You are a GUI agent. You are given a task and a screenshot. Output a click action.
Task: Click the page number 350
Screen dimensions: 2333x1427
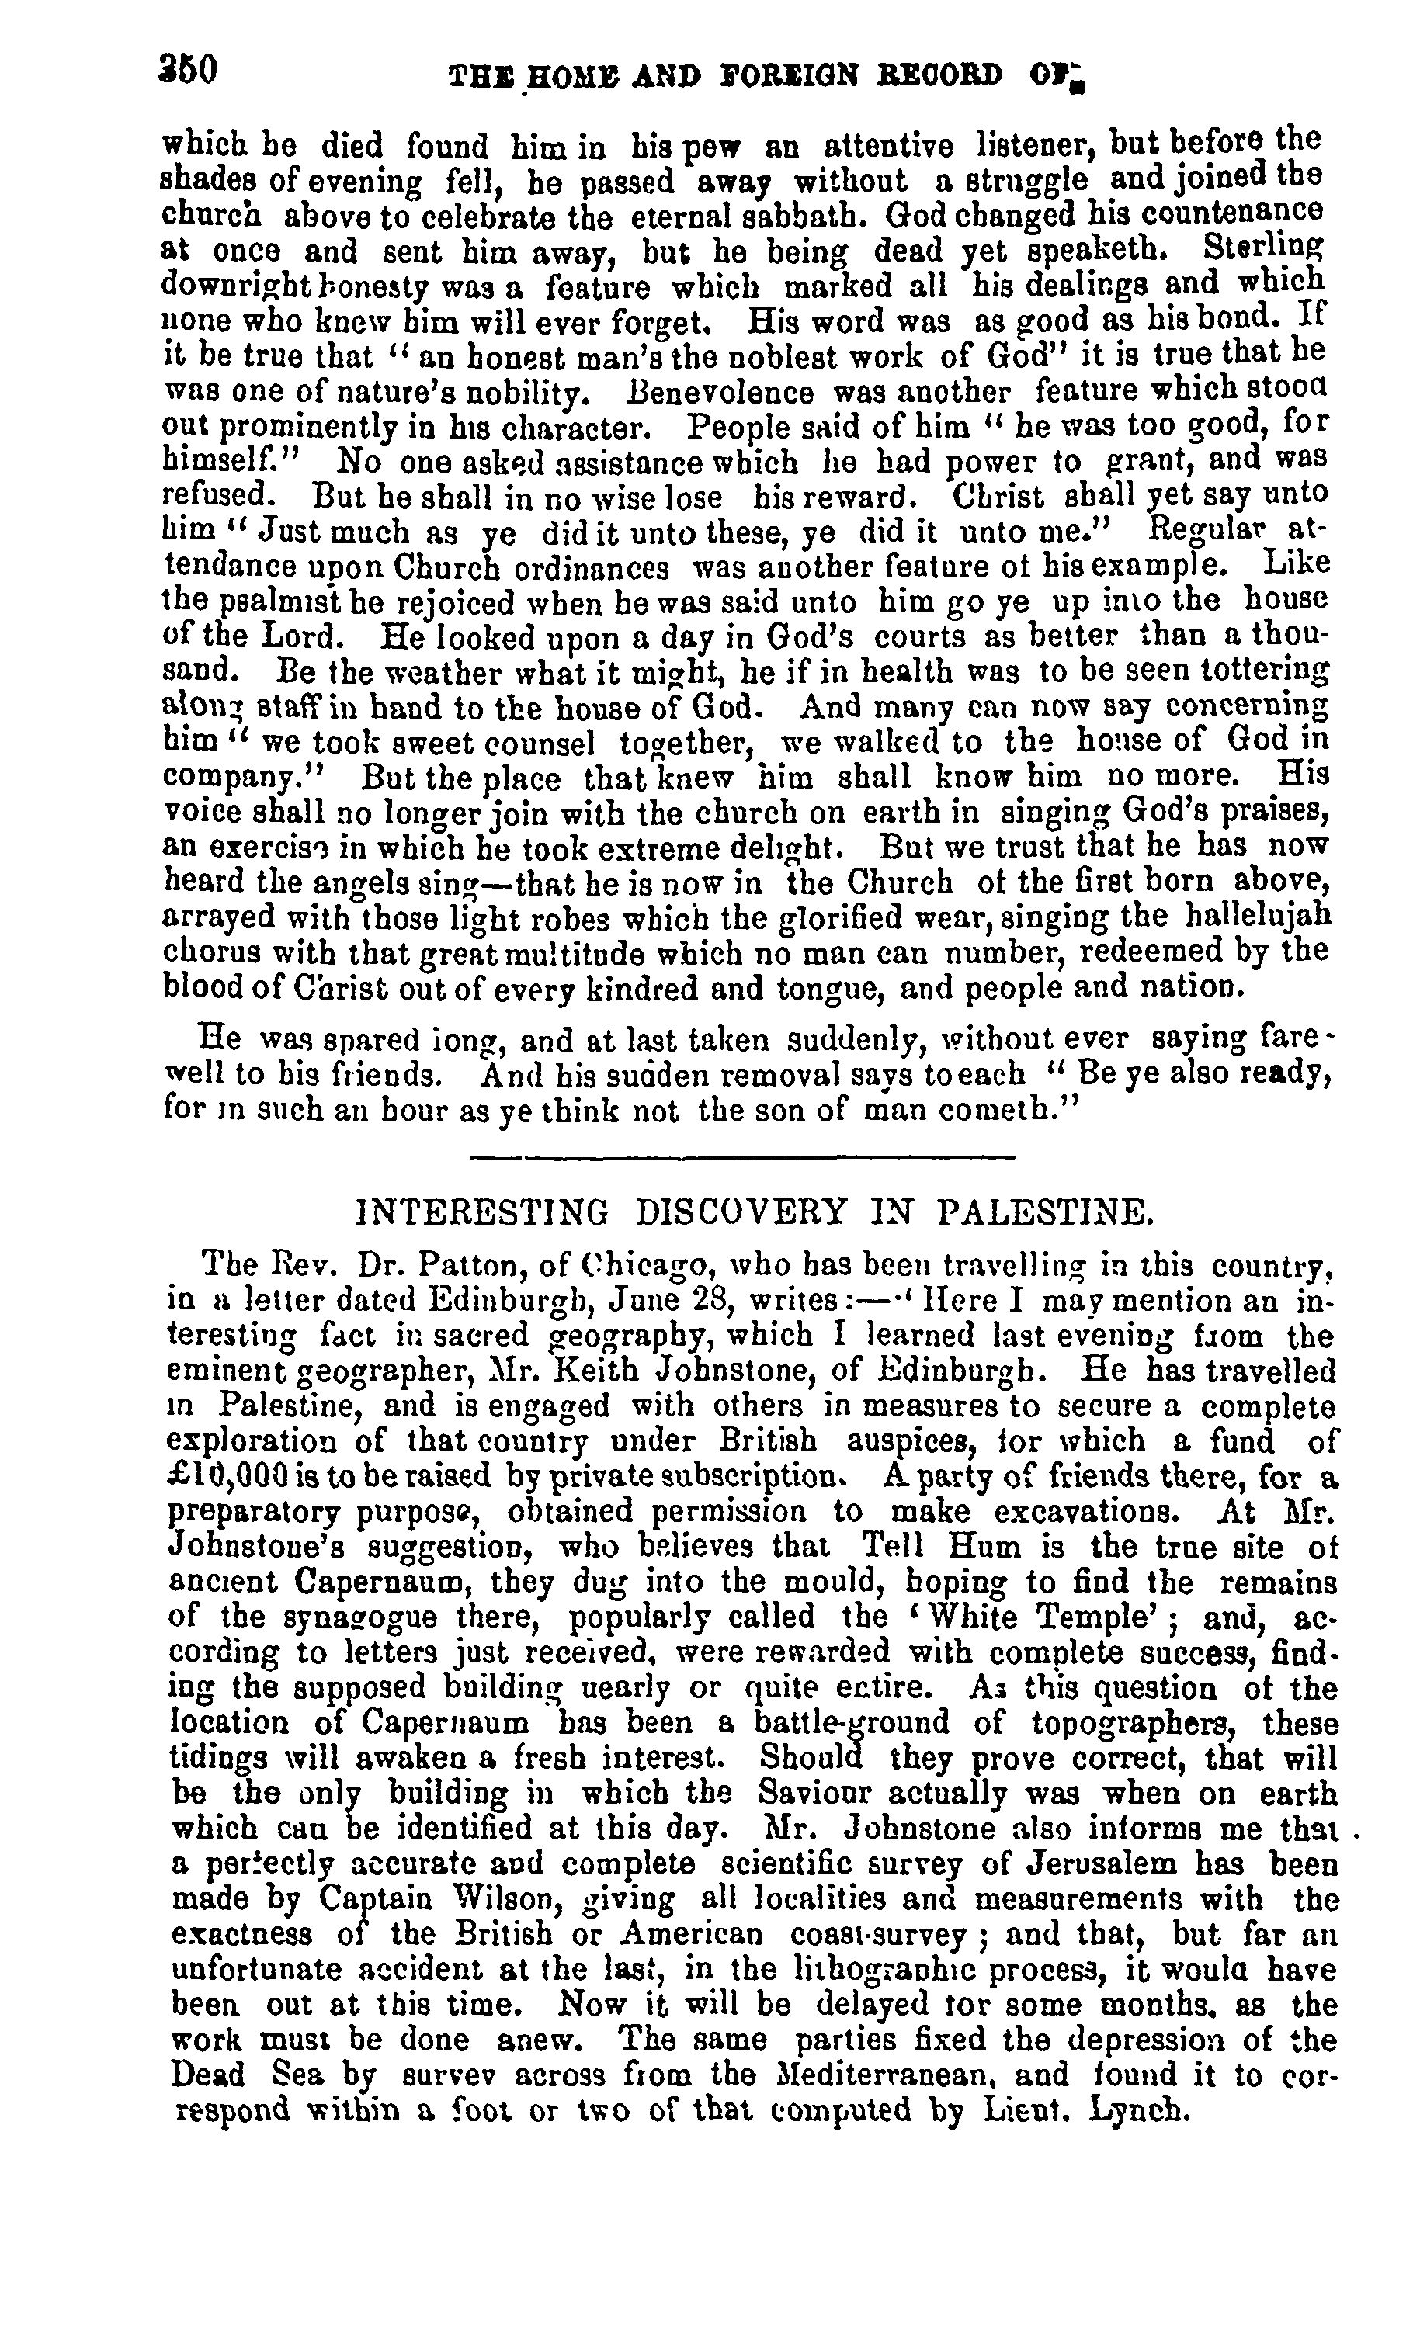coord(190,71)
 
